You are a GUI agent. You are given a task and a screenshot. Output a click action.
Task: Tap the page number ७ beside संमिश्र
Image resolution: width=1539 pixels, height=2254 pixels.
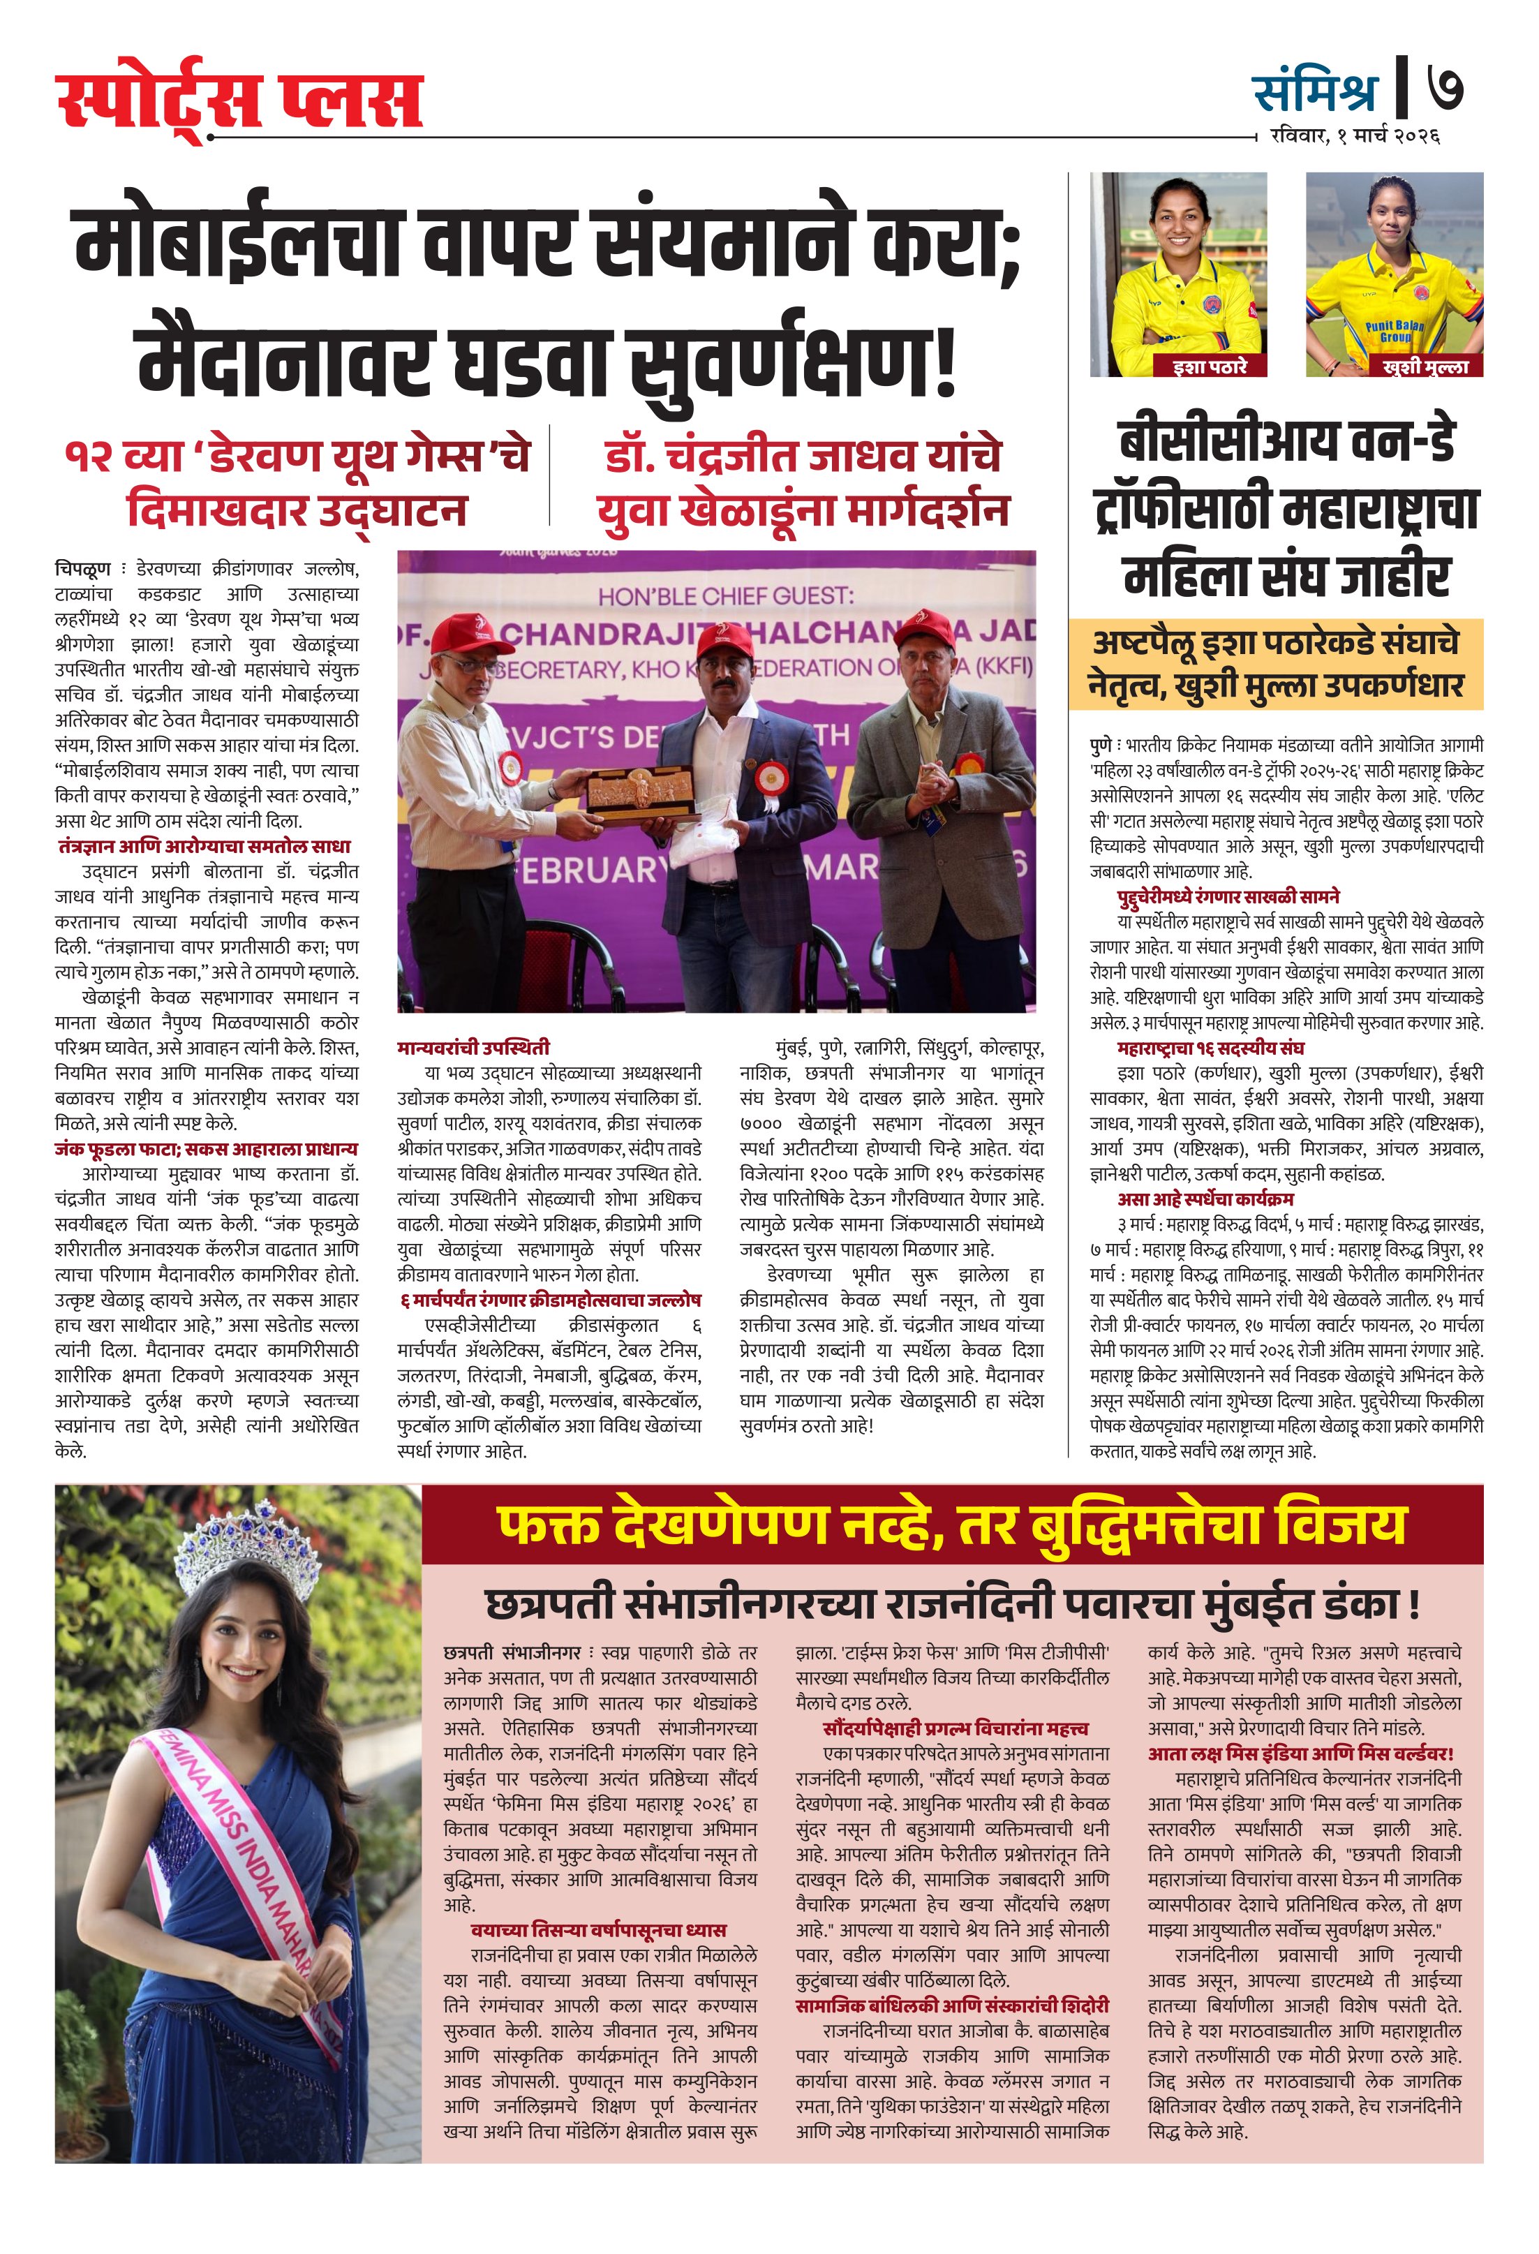point(1444,90)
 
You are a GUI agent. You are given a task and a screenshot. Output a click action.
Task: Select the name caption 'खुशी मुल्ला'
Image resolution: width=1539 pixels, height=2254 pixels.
point(1425,366)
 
